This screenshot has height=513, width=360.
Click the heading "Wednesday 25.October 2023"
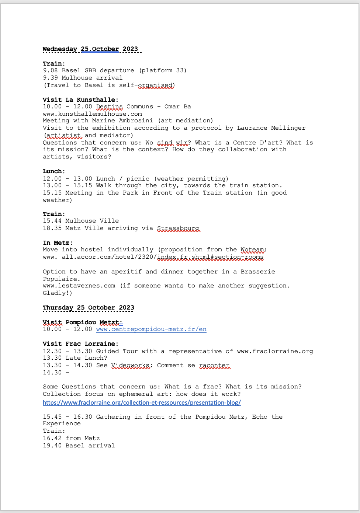point(90,49)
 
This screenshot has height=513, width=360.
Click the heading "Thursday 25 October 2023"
point(88,308)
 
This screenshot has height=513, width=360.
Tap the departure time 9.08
point(50,70)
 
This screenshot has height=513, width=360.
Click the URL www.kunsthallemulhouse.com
point(92,114)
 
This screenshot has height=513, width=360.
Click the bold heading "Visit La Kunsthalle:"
point(80,100)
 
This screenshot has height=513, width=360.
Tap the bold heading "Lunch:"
point(54,171)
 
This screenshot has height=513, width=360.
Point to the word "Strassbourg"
point(178,228)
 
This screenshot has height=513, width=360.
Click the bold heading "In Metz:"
point(58,243)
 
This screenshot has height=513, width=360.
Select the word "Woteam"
point(252,249)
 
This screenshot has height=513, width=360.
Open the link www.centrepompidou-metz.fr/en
point(151,329)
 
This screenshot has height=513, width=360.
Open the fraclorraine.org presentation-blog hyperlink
point(142,402)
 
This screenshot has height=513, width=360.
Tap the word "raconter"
point(214,365)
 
